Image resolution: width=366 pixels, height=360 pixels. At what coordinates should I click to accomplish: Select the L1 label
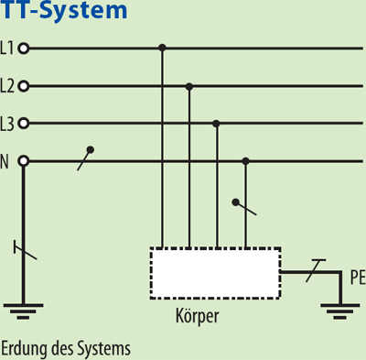8,48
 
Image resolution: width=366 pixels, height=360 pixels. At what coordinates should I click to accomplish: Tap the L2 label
8,86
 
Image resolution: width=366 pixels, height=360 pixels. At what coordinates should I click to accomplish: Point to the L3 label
8,123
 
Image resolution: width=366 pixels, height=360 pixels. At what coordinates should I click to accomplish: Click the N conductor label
5,161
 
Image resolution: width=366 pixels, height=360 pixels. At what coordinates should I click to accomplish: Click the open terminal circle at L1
24,48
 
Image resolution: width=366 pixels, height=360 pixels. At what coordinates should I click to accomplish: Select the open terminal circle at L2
24,86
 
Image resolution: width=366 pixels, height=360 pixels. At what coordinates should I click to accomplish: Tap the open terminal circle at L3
24,123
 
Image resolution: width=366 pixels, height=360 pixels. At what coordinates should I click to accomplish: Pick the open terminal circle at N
24,161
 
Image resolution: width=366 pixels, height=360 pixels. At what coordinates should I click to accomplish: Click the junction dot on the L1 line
162,48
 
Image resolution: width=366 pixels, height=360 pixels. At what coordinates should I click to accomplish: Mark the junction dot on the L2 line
189,86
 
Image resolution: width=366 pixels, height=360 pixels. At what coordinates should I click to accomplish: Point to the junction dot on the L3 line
216,123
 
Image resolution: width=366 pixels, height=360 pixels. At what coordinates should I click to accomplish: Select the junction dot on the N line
244,161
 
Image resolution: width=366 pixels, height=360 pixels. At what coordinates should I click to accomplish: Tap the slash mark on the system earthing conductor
24,249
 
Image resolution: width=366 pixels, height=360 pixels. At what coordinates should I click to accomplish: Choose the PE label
356,274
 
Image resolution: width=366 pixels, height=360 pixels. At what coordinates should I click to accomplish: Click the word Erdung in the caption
23,349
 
